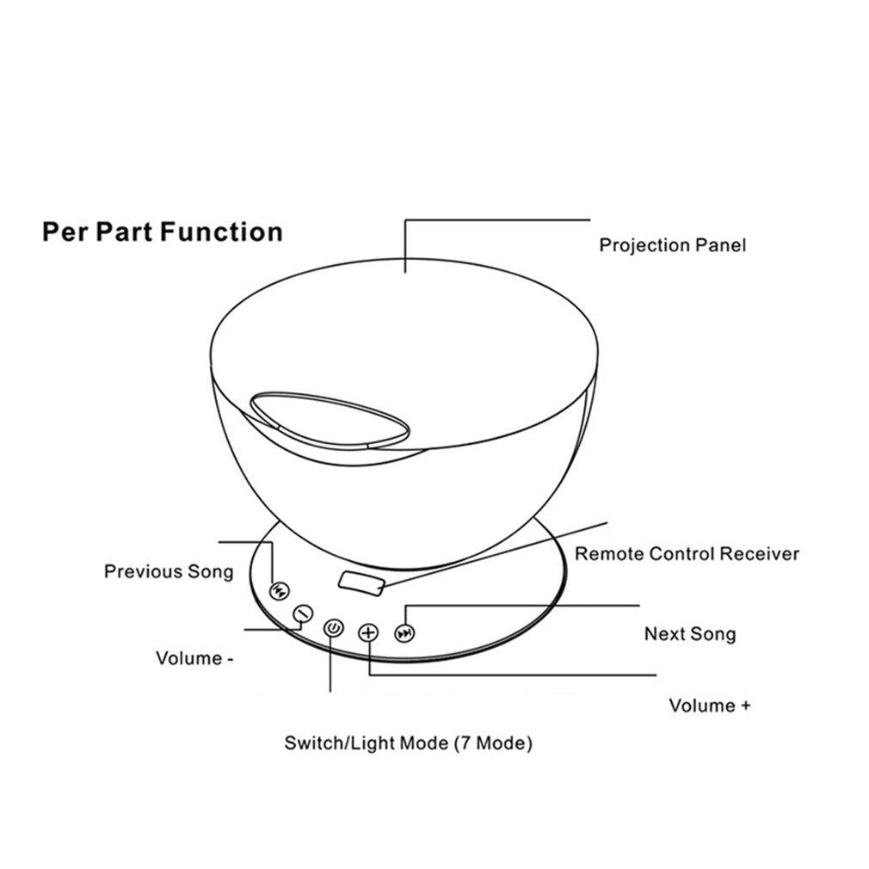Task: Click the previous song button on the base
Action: tap(279, 591)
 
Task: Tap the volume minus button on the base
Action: tap(303, 613)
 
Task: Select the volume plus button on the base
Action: tap(368, 632)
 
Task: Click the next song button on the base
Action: tap(405, 633)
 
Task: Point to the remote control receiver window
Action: tap(361, 583)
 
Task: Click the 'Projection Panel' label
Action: tap(672, 245)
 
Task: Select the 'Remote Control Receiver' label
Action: tap(687, 553)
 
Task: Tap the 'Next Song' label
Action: tap(690, 633)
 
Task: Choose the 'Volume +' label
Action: tap(709, 706)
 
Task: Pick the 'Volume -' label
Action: tap(194, 658)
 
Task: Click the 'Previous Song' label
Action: tap(169, 571)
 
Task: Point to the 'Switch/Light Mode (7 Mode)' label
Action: tap(409, 743)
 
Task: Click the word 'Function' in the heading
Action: tap(222, 231)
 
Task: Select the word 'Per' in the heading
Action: tap(65, 232)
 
